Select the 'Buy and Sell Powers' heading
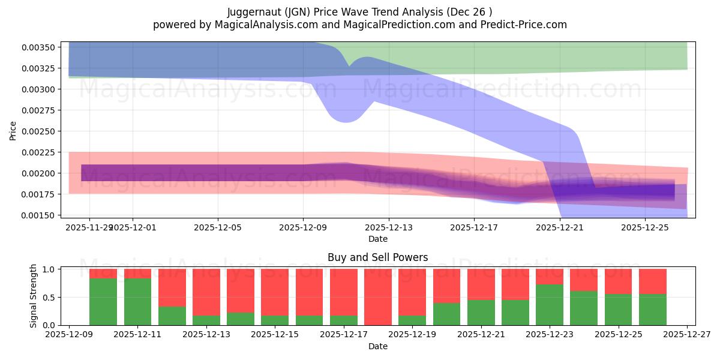pyautogui.click(x=377, y=257)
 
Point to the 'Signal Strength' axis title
pyautogui.click(x=34, y=296)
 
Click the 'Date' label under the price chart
pyautogui.click(x=377, y=239)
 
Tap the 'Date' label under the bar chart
pyautogui.click(x=377, y=346)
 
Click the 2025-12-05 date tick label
pyautogui.click(x=218, y=227)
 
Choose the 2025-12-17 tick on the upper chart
pyautogui.click(x=474, y=227)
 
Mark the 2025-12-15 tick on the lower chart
pyautogui.click(x=275, y=335)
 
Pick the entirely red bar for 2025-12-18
pyautogui.click(x=378, y=297)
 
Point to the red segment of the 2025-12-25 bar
pyautogui.click(x=618, y=281)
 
